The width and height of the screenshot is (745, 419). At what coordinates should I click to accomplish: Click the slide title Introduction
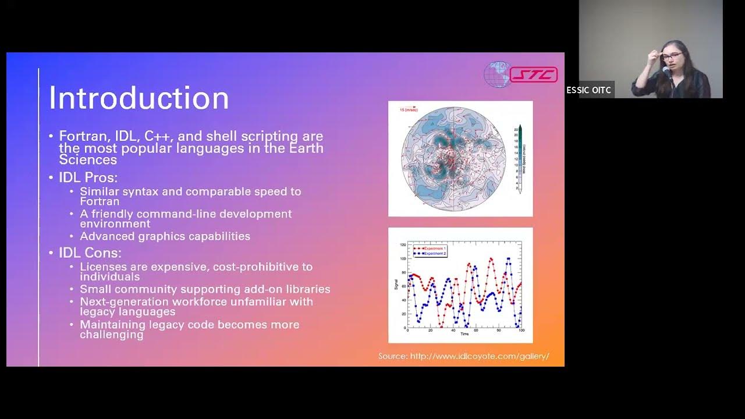139,98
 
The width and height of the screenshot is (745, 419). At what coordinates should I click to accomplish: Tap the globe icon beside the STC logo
496,74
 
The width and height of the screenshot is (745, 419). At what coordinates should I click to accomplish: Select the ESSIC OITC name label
589,90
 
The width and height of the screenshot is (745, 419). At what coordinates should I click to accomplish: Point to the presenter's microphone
666,72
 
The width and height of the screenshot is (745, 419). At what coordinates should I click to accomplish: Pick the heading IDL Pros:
88,177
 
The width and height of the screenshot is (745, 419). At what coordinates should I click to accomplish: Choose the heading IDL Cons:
90,253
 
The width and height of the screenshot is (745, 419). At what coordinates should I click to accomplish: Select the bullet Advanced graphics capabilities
165,236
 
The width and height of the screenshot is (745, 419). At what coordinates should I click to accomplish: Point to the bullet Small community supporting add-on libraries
205,289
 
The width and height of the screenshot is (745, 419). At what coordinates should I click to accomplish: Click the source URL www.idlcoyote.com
479,356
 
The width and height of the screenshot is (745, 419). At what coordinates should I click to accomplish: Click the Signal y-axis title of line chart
396,285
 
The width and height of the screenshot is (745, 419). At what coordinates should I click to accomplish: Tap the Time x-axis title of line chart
464,334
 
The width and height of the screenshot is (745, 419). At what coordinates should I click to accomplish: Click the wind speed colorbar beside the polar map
520,157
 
